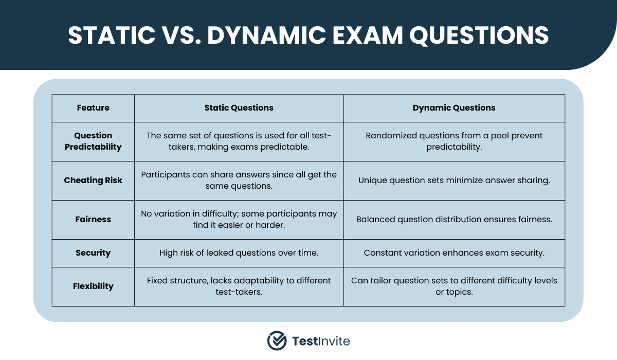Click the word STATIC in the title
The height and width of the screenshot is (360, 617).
[112, 35]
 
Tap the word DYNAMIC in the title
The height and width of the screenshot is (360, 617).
[266, 35]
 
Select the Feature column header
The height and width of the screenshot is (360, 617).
[93, 107]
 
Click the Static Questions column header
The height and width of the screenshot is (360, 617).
[239, 107]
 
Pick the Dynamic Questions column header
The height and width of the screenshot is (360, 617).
[454, 107]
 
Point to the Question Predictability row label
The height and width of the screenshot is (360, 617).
[93, 141]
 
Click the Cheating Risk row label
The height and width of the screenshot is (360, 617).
[93, 180]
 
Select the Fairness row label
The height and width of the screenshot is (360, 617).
[93, 219]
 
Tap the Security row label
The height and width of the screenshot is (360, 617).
[93, 253]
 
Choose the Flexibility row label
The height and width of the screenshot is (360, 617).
[93, 286]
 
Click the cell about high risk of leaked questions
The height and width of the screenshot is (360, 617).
[239, 253]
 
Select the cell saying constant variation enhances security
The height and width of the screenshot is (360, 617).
[454, 253]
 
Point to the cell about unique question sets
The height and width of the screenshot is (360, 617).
[454, 180]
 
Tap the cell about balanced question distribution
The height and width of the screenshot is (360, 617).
[454, 219]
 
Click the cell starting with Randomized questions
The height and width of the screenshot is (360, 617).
[454, 141]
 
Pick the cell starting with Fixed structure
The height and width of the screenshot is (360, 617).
[239, 286]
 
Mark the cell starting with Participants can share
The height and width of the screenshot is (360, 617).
[239, 180]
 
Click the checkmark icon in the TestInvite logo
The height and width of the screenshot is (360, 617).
[277, 341]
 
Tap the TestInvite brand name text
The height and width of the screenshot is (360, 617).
[321, 341]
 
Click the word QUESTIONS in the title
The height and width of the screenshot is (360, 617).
[479, 35]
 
